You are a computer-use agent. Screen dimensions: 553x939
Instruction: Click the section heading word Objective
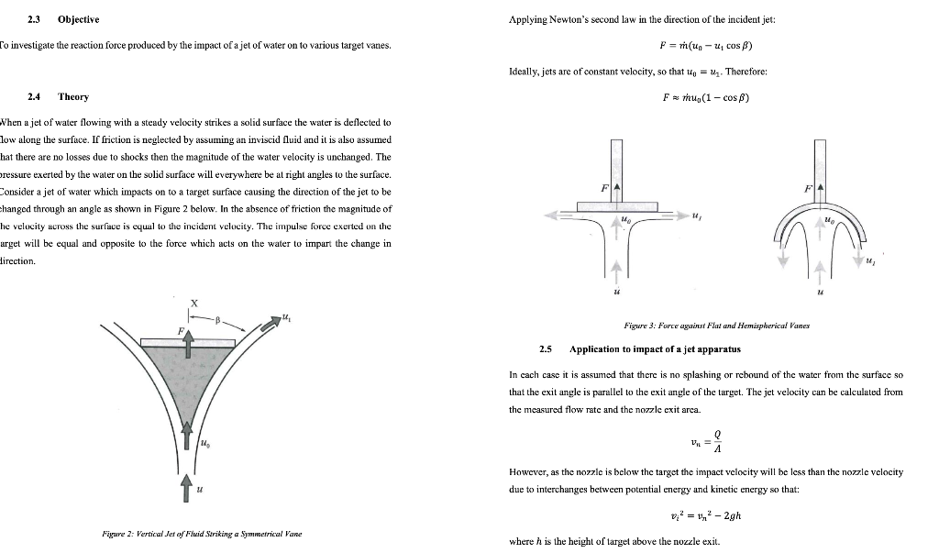(x=78, y=19)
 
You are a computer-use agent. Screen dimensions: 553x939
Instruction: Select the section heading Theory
(x=73, y=96)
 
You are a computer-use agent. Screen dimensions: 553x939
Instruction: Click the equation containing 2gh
(x=706, y=514)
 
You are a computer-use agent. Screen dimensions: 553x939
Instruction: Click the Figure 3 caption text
(x=705, y=326)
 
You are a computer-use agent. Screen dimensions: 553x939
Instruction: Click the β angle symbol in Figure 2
(x=217, y=320)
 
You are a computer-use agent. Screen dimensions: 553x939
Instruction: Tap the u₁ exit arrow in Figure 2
(x=271, y=324)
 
